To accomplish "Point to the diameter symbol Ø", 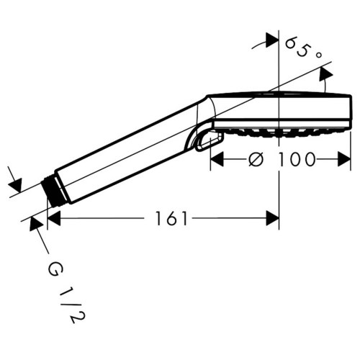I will (x=256, y=160).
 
